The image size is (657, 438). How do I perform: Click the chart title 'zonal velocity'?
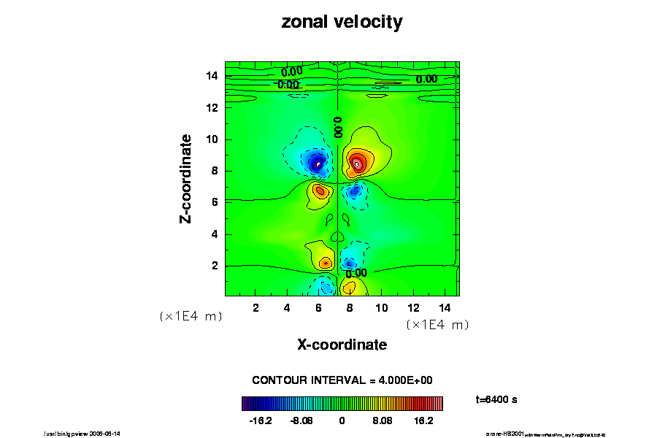pyautogui.click(x=342, y=23)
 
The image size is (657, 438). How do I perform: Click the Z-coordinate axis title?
pyautogui.click(x=187, y=178)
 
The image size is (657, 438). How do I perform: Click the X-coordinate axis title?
pyautogui.click(x=342, y=345)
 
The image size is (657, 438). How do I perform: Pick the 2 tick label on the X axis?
pyautogui.click(x=255, y=307)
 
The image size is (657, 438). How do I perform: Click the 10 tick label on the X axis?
pyautogui.click(x=382, y=307)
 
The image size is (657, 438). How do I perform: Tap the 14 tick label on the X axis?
pyautogui.click(x=445, y=307)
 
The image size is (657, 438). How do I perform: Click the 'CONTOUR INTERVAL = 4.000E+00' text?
pyautogui.click(x=342, y=380)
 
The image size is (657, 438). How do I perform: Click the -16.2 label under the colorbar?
pyautogui.click(x=261, y=421)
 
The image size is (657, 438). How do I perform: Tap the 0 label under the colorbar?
pyautogui.click(x=342, y=421)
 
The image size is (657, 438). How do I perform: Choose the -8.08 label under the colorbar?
pyautogui.click(x=301, y=421)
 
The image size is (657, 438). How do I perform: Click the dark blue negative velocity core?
pyautogui.click(x=317, y=162)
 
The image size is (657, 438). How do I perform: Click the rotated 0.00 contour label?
pyautogui.click(x=338, y=127)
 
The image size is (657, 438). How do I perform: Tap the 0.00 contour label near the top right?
pyautogui.click(x=426, y=79)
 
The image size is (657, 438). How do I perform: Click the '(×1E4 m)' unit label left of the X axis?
pyautogui.click(x=191, y=316)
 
